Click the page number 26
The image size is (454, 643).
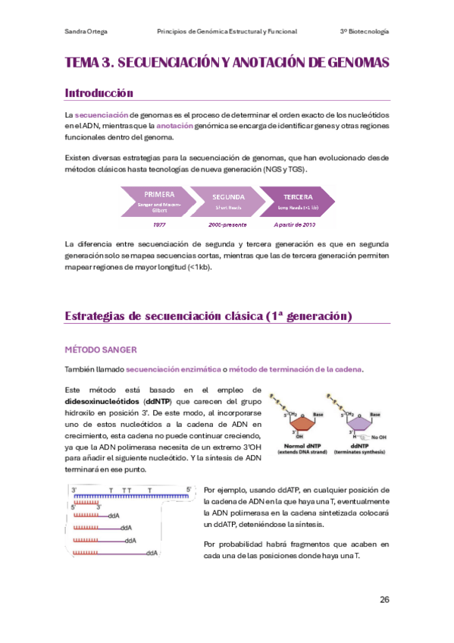click(384, 600)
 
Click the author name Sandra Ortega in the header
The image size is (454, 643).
click(86, 31)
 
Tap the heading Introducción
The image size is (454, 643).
click(99, 93)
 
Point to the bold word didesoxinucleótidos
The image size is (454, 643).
click(102, 401)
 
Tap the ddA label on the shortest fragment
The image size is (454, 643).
click(114, 515)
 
